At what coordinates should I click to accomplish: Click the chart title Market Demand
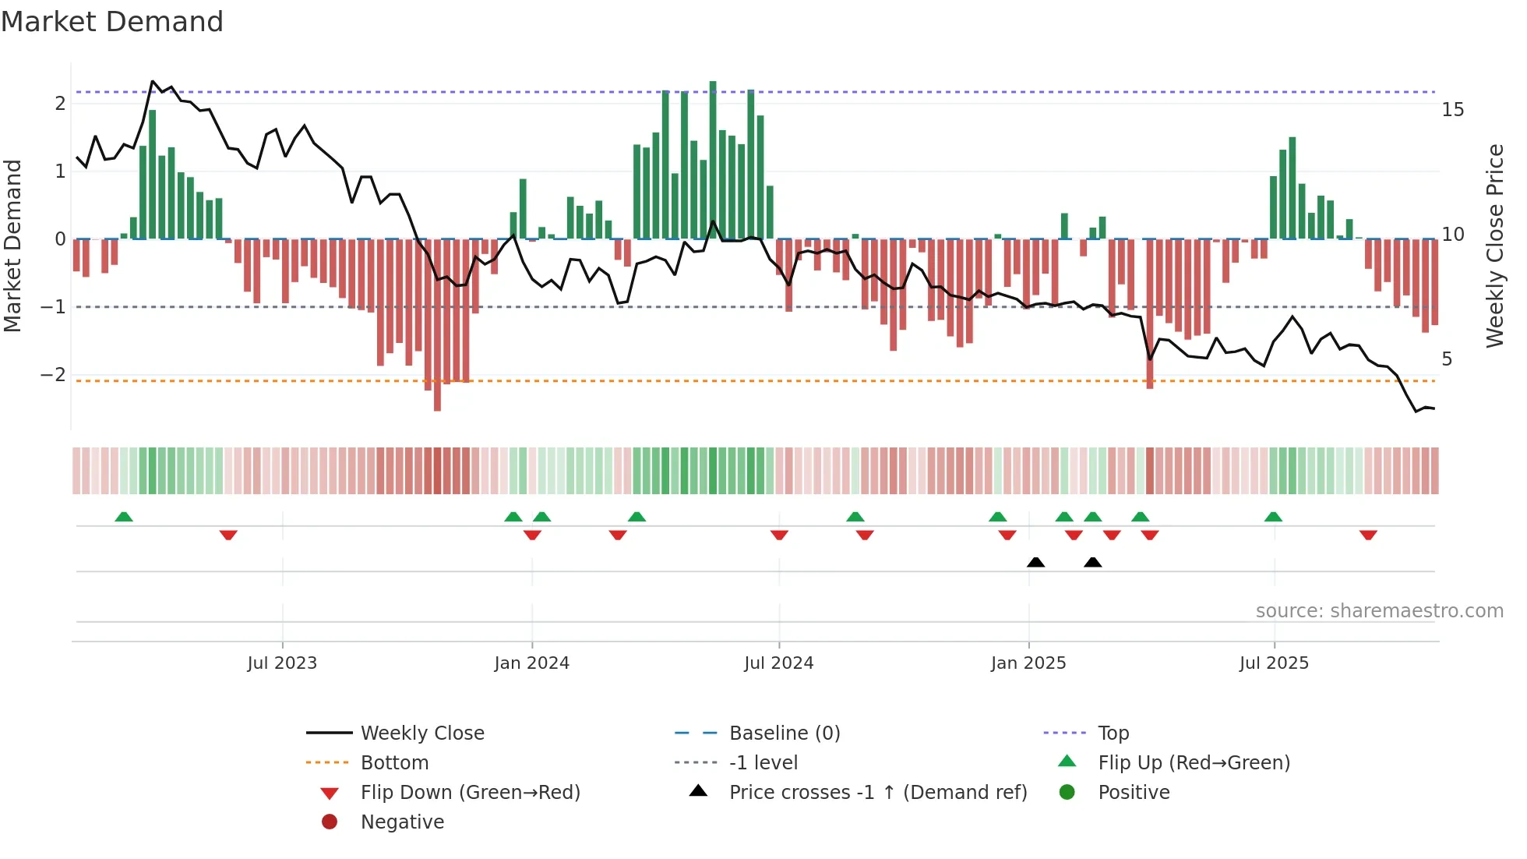coord(112,22)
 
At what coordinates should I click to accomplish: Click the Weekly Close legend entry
coord(421,734)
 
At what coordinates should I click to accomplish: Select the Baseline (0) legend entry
coord(784,734)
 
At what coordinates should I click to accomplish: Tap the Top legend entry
coord(1113,734)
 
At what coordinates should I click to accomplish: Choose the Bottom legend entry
coord(394,763)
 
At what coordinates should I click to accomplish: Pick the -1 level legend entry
coord(763,763)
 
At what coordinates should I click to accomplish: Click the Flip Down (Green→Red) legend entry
coord(470,793)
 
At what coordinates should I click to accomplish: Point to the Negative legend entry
coord(402,822)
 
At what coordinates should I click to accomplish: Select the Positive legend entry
coord(1133,793)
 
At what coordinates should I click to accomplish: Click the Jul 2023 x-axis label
coord(282,663)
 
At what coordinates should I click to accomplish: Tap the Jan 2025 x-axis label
coord(1028,663)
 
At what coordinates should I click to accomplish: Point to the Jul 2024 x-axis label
coord(778,663)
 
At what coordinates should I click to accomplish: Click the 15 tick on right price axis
coord(1452,110)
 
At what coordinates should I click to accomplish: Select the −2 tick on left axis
coord(53,375)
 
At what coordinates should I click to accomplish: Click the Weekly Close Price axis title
coord(1494,246)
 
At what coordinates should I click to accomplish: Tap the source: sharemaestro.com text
coord(1379,611)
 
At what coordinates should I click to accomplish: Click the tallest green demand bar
coord(713,160)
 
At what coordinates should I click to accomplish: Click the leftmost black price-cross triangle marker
coord(1035,562)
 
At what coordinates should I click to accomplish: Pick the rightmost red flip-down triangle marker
coord(1368,535)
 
